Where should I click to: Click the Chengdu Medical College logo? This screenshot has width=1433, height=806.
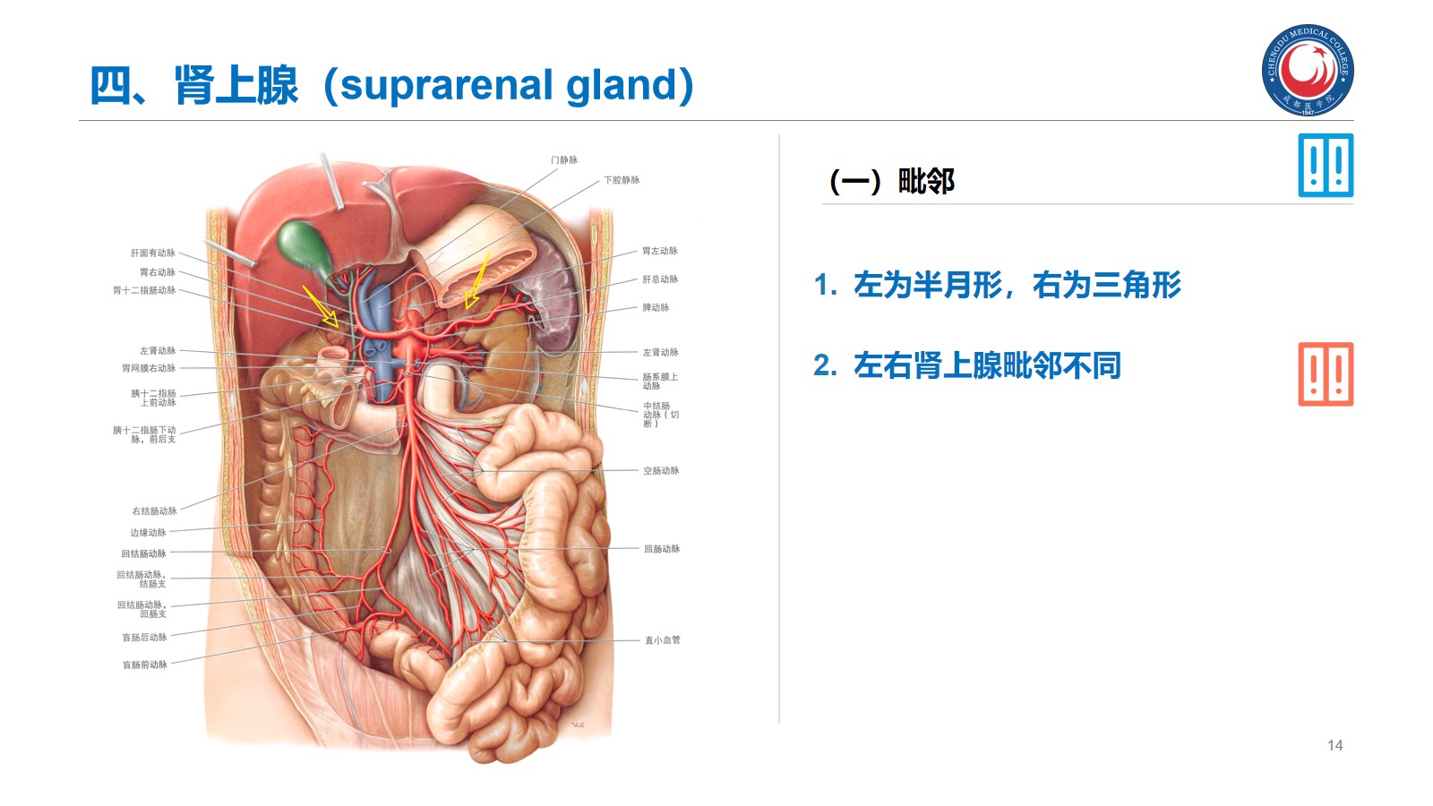[x=1308, y=70]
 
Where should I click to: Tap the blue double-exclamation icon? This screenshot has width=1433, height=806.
[x=1326, y=166]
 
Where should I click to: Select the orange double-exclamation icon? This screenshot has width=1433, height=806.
[x=1326, y=374]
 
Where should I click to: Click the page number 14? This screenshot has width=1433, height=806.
[x=1334, y=745]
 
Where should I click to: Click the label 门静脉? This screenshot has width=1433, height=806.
[x=564, y=160]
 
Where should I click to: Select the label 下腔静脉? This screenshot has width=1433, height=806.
[x=622, y=180]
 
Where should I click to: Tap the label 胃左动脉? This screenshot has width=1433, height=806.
[x=660, y=251]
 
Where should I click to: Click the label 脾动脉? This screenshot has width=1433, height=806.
[x=656, y=307]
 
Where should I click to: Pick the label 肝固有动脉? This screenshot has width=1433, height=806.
[x=153, y=253]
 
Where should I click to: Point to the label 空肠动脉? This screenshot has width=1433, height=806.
[x=661, y=470]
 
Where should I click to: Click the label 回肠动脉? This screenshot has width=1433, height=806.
[x=662, y=549]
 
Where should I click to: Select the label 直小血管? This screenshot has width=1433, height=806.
[x=663, y=640]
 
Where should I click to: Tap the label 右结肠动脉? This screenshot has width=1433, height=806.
[x=155, y=511]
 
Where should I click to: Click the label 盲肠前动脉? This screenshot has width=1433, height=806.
[x=145, y=665]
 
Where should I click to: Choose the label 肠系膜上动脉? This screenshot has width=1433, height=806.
[x=659, y=382]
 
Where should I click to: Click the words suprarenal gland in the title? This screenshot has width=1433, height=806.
[x=508, y=85]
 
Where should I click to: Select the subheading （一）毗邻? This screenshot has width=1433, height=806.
[x=892, y=182]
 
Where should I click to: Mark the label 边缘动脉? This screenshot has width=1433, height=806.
[x=149, y=533]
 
